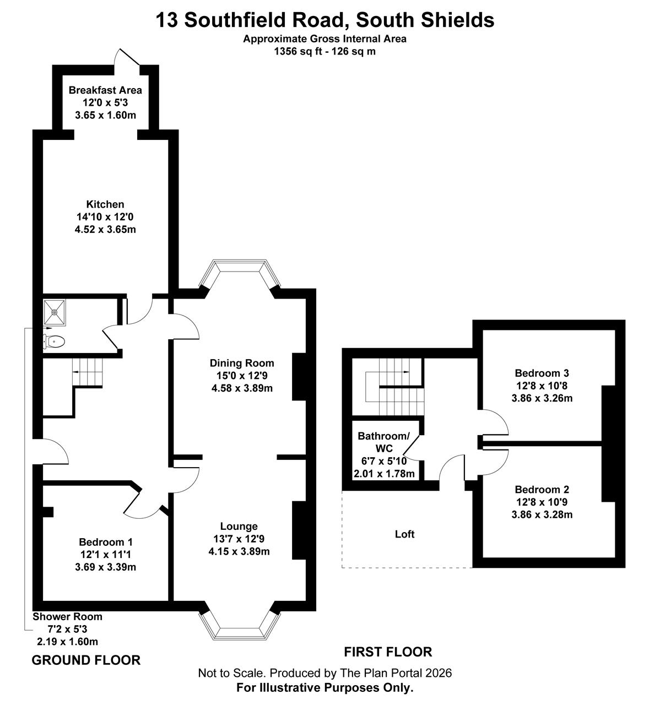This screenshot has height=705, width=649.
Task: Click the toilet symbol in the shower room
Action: click(54, 341)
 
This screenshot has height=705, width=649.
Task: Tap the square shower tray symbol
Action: click(55, 312)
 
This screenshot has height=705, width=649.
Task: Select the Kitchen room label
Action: click(105, 204)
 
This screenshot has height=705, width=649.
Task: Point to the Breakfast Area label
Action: click(105, 90)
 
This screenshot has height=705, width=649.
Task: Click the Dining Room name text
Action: click(242, 363)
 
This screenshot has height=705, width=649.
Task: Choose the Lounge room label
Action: click(239, 526)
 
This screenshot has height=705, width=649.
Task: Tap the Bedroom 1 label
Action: click(106, 542)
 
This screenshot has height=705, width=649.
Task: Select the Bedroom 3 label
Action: click(542, 373)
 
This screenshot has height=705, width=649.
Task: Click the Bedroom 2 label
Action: click(542, 489)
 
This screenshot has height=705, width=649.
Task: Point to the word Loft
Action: click(404, 534)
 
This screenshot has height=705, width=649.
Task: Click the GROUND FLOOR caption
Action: click(86, 660)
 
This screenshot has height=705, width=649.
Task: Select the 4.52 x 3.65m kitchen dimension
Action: click(105, 229)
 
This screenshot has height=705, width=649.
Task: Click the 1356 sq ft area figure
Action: click(298, 51)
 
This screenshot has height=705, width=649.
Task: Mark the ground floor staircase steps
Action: click(88, 372)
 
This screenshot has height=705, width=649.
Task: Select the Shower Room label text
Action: click(68, 616)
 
